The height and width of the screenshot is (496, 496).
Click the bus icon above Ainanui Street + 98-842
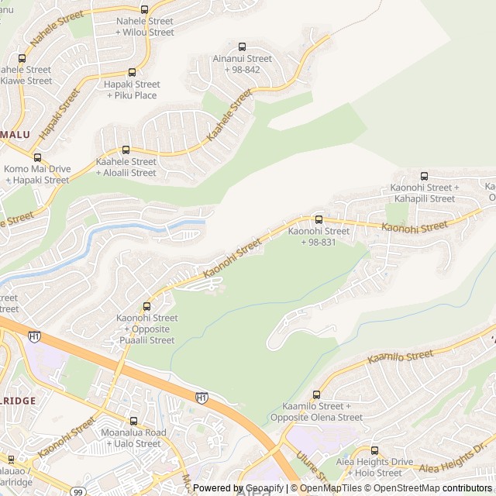tap(242, 46)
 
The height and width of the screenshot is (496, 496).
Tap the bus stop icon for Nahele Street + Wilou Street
tap(145, 9)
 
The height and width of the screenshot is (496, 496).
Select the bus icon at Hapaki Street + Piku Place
tap(132, 72)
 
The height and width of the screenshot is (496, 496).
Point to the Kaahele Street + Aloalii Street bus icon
tap(126, 150)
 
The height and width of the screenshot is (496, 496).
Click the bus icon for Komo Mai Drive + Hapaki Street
tap(37, 157)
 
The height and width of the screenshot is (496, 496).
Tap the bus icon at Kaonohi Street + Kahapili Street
tap(423, 176)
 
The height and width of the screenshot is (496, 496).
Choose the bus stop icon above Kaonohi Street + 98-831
tap(319, 219)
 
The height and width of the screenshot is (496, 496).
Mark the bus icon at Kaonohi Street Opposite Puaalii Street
tap(146, 306)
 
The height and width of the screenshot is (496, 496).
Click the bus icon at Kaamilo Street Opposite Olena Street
tap(316, 394)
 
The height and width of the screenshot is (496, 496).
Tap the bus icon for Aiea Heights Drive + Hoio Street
tap(374, 450)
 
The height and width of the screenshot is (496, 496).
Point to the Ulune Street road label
tap(312, 465)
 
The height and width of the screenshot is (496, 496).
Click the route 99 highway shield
tap(77, 491)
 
